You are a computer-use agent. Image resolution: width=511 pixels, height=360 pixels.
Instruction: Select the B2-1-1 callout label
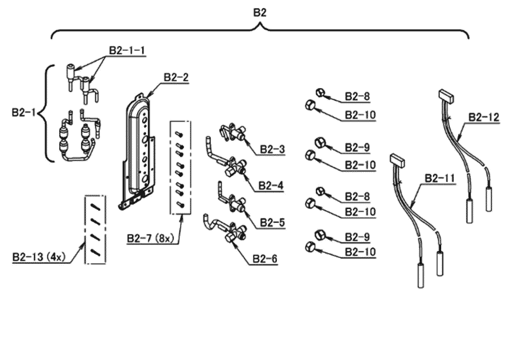126,50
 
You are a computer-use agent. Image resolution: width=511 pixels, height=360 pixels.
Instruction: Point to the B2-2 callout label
176,77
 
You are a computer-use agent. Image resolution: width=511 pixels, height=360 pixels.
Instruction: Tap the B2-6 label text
265,258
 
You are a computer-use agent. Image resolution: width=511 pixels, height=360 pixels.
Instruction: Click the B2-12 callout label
483,117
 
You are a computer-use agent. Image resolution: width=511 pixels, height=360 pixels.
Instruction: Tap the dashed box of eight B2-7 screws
180,167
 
